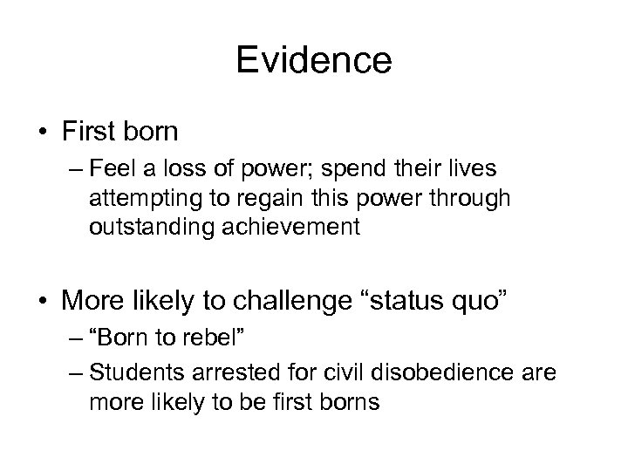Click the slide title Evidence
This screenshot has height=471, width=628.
point(314,62)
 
